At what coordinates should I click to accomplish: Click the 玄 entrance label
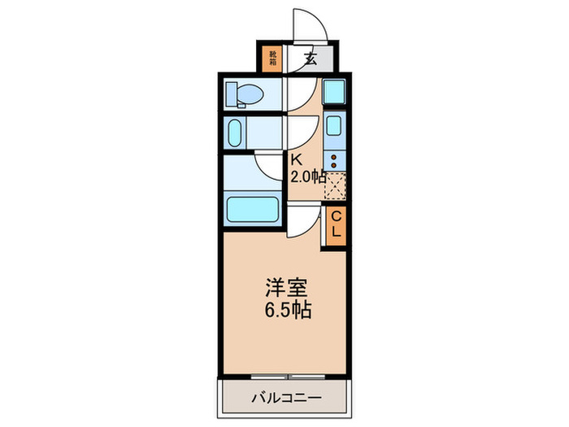[x=311, y=58]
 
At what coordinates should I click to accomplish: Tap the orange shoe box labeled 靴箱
[x=273, y=58]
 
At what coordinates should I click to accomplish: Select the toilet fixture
[x=243, y=95]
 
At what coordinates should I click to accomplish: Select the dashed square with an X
[x=336, y=186]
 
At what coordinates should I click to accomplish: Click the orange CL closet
[x=335, y=224]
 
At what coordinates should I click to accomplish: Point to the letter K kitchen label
[x=297, y=160]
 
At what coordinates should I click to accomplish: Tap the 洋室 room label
[x=285, y=288]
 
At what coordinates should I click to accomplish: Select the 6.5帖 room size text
[x=287, y=310]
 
